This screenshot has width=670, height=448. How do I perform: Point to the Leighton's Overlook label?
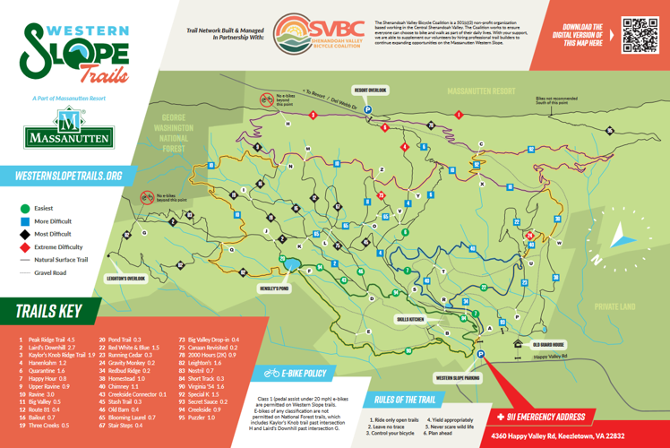click(124, 278)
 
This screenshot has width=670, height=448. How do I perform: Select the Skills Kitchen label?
click(409, 318)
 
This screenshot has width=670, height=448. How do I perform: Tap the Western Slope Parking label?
click(458, 376)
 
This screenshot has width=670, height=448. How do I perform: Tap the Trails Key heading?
click(48, 312)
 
